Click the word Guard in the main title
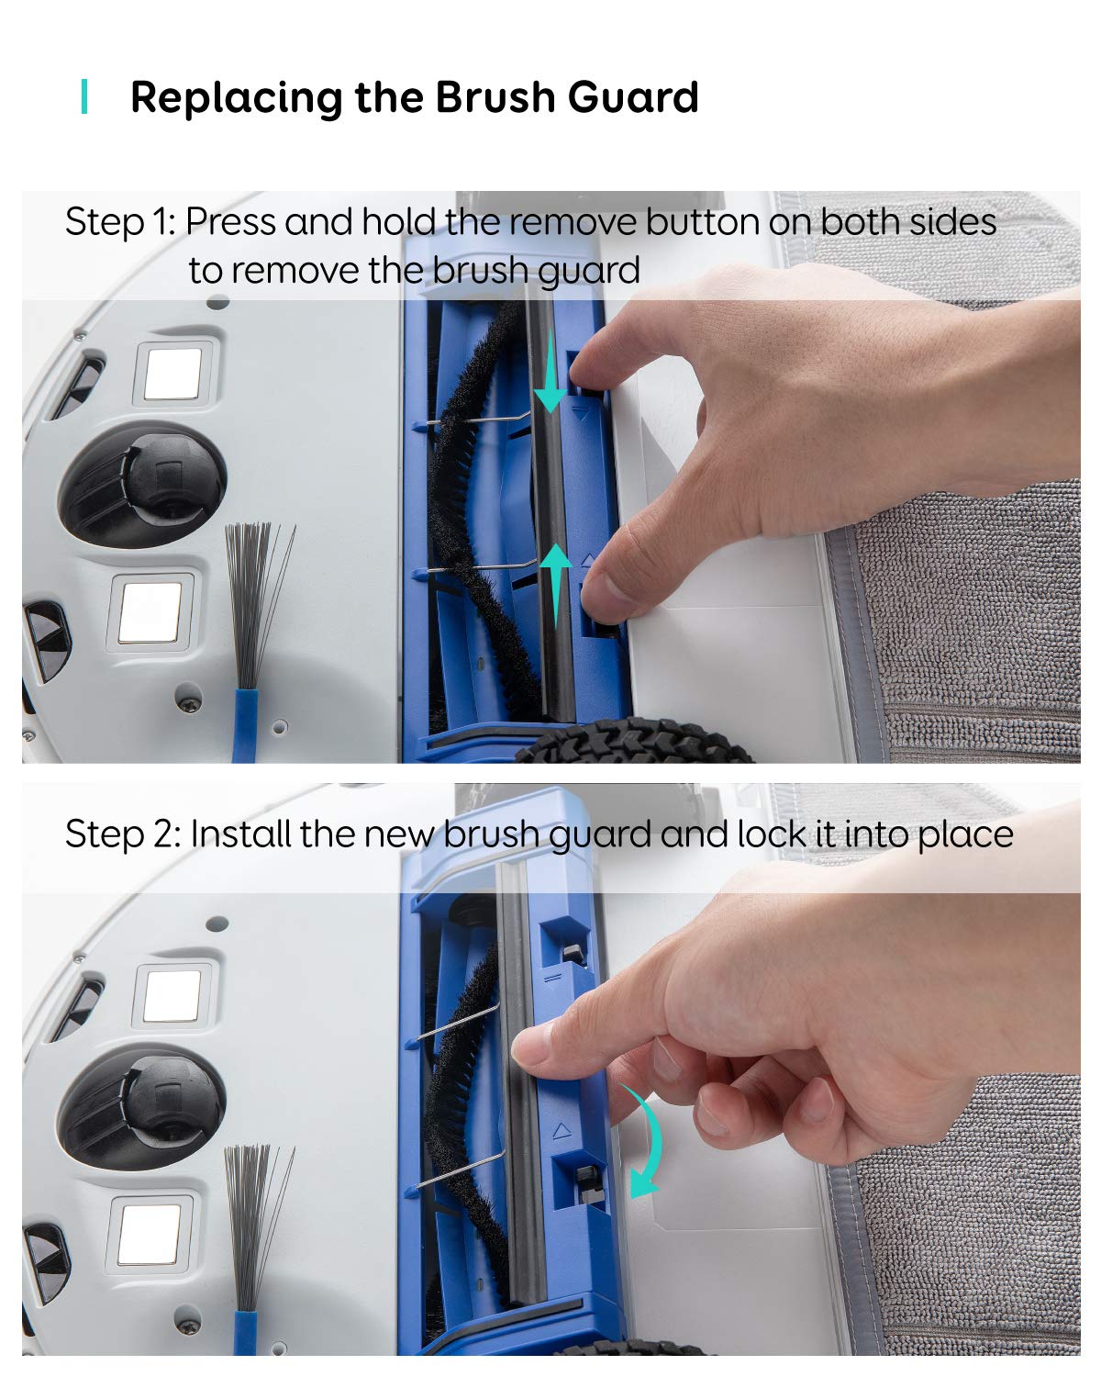tap(633, 97)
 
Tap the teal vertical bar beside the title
tap(84, 96)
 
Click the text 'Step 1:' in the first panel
tap(120, 222)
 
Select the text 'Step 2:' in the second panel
tap(124, 834)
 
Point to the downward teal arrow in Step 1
tap(550, 372)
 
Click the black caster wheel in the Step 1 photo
tap(142, 485)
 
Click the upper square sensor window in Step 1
tap(173, 374)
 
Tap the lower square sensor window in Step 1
tap(151, 612)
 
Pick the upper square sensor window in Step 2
tap(172, 996)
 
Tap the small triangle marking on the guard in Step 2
tap(562, 1131)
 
